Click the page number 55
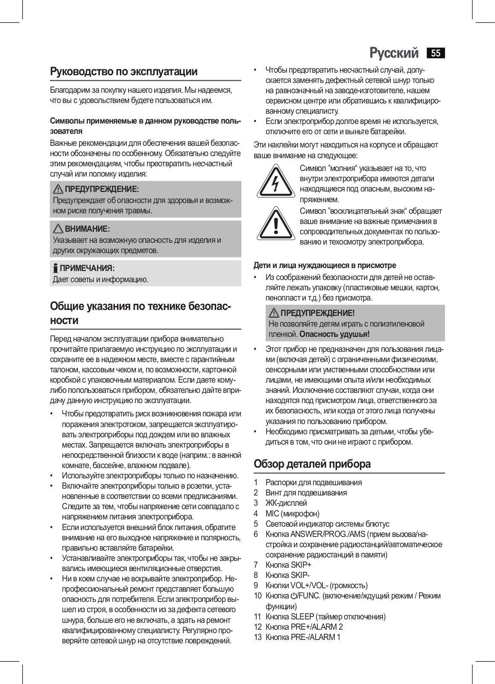(x=436, y=53)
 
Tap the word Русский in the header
(x=394, y=53)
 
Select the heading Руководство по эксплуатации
(x=124, y=71)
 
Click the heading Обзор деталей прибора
(x=312, y=464)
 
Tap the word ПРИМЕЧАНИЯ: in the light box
(x=87, y=268)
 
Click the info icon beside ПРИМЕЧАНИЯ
(x=55, y=268)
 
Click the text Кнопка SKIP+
(x=288, y=565)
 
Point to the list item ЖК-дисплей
(x=286, y=503)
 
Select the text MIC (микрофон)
(x=293, y=513)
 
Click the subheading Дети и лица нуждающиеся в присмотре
(x=325, y=265)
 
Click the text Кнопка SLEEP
(x=290, y=616)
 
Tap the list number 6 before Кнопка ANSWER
(x=256, y=534)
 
